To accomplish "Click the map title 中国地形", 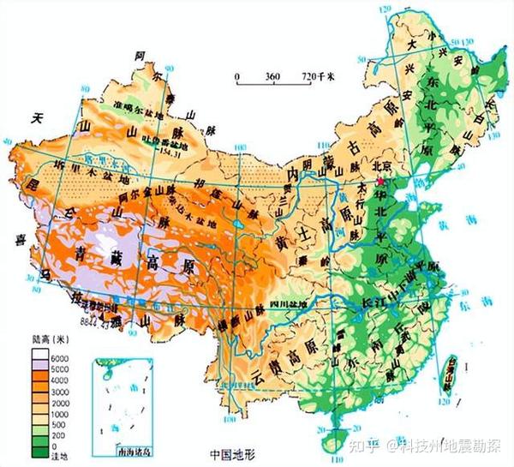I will click(234, 452).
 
